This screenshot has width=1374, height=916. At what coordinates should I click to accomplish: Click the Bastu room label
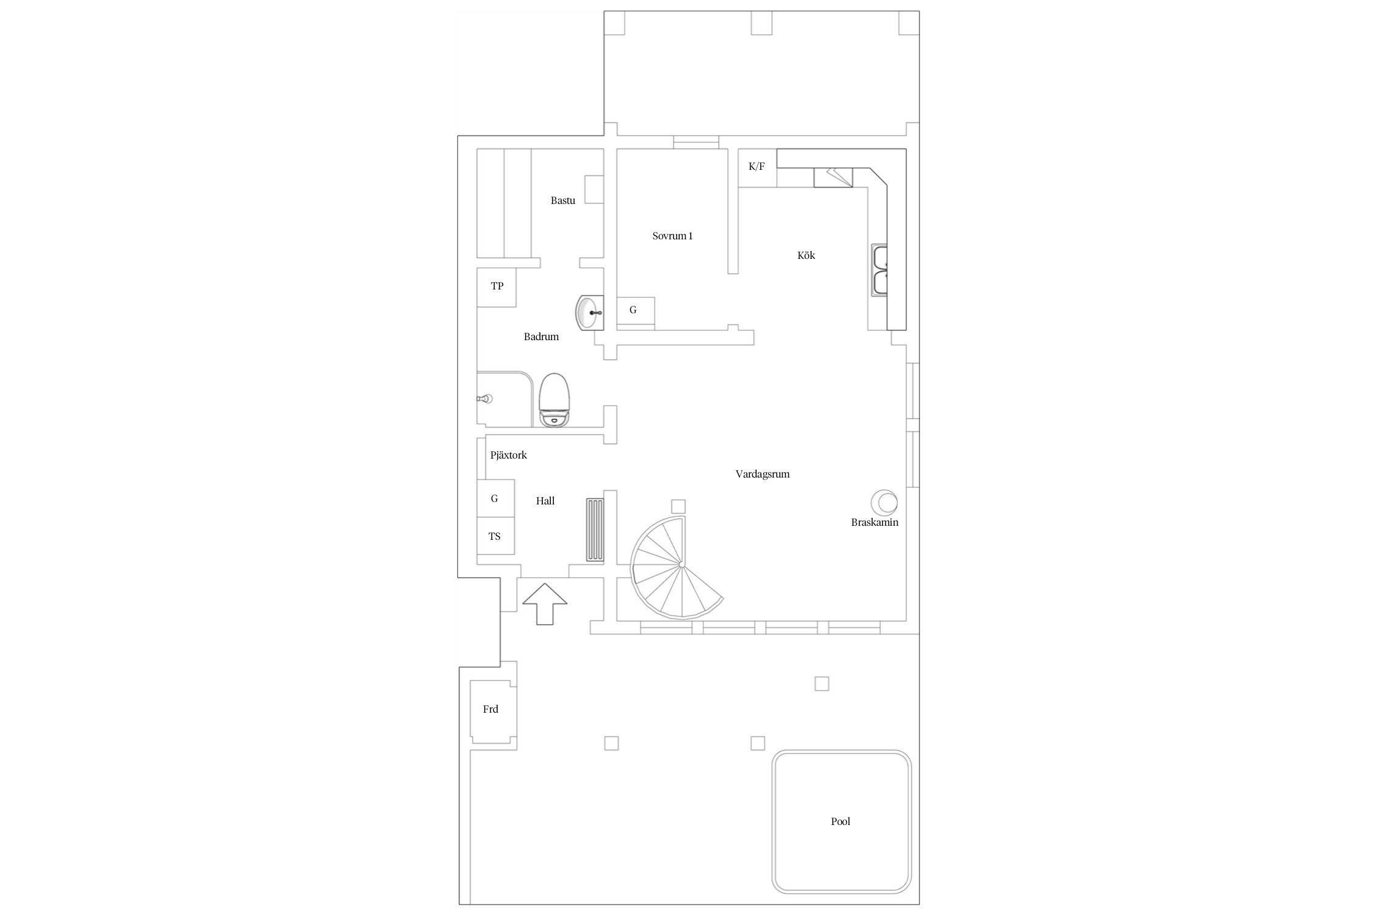[562, 200]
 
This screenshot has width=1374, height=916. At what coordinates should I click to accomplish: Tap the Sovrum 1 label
[672, 236]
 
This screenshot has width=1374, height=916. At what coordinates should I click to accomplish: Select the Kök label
[806, 255]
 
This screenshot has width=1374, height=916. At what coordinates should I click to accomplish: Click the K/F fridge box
[757, 168]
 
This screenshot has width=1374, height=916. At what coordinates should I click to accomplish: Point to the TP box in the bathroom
[496, 287]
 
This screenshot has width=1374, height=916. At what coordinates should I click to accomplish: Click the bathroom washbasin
[589, 313]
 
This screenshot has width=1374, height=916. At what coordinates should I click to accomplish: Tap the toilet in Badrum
[554, 400]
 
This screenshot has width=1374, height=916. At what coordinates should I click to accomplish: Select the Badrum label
[541, 336]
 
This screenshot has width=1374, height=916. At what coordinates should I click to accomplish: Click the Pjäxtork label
[508, 455]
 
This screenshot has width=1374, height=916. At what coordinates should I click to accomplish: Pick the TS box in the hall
[495, 536]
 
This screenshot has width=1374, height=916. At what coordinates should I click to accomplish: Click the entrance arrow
[545, 603]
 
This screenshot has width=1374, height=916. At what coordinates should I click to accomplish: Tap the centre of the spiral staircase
[681, 565]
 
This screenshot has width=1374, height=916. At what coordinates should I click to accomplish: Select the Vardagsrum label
[762, 474]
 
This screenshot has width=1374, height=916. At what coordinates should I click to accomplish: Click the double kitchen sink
[879, 271]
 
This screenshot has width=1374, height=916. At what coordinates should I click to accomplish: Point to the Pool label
[840, 821]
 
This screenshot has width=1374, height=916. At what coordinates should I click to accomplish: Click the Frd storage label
[490, 709]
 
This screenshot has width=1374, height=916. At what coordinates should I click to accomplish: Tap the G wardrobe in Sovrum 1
[636, 311]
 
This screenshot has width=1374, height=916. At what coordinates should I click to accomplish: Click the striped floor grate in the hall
[595, 529]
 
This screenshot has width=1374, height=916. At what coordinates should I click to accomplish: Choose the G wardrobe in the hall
[495, 498]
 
